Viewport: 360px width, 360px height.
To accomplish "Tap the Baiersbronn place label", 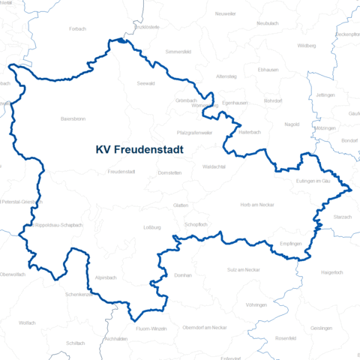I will (73, 118).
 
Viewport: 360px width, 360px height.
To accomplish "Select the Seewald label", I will (146, 84).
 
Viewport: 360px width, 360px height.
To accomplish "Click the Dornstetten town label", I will (170, 172).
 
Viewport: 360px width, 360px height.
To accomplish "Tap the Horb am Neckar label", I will (256, 205).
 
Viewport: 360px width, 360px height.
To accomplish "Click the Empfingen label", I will (290, 244).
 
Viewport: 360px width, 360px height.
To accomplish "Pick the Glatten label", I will (180, 205).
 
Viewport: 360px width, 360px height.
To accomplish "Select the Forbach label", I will (77, 28).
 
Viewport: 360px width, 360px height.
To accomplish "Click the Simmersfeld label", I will (178, 52).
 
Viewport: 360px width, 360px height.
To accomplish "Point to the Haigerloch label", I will (331, 271).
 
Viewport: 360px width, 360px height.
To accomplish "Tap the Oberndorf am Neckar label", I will (205, 328).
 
